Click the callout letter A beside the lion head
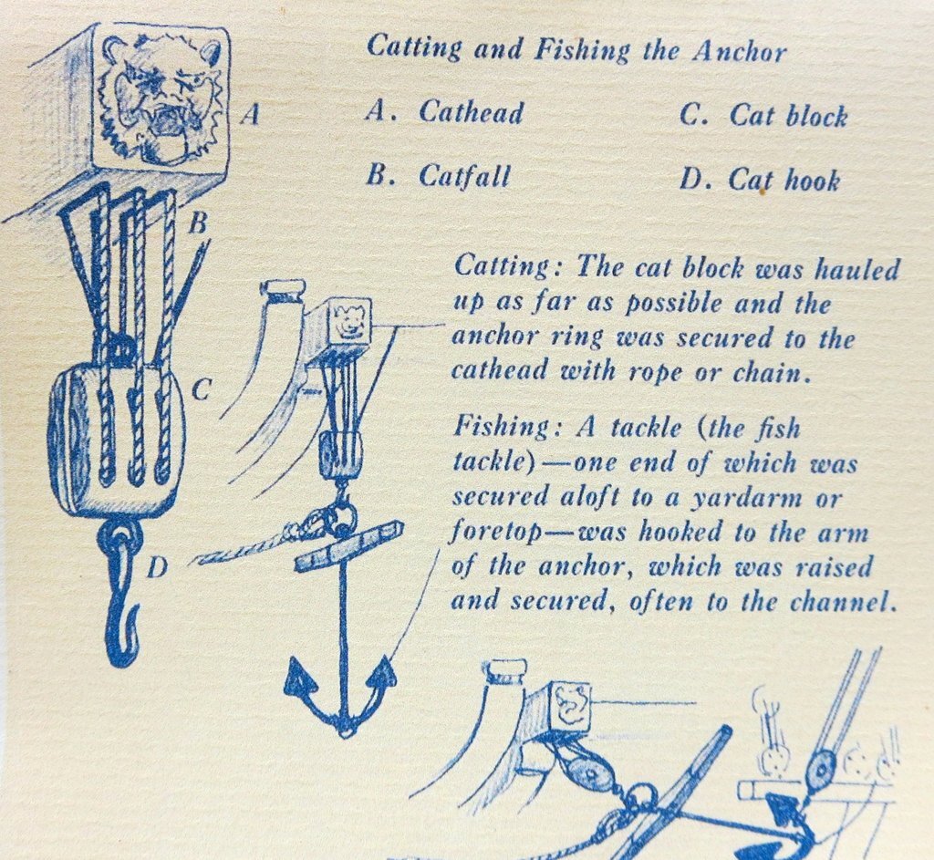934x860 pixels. pos(254,116)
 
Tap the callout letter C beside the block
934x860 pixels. pos(202,392)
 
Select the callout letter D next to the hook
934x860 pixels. pos(157,568)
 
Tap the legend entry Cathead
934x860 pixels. pos(471,112)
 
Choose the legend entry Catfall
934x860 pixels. pos(464,175)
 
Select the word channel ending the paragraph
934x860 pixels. pos(846,602)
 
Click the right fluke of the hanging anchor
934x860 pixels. pos(384,673)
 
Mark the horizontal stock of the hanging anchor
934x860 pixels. pos(348,546)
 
